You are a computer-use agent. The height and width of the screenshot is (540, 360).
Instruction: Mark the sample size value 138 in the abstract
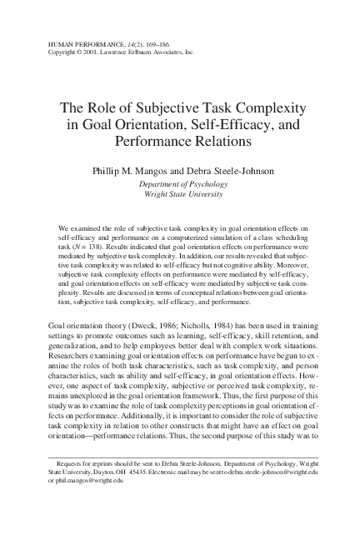click(x=99, y=248)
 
